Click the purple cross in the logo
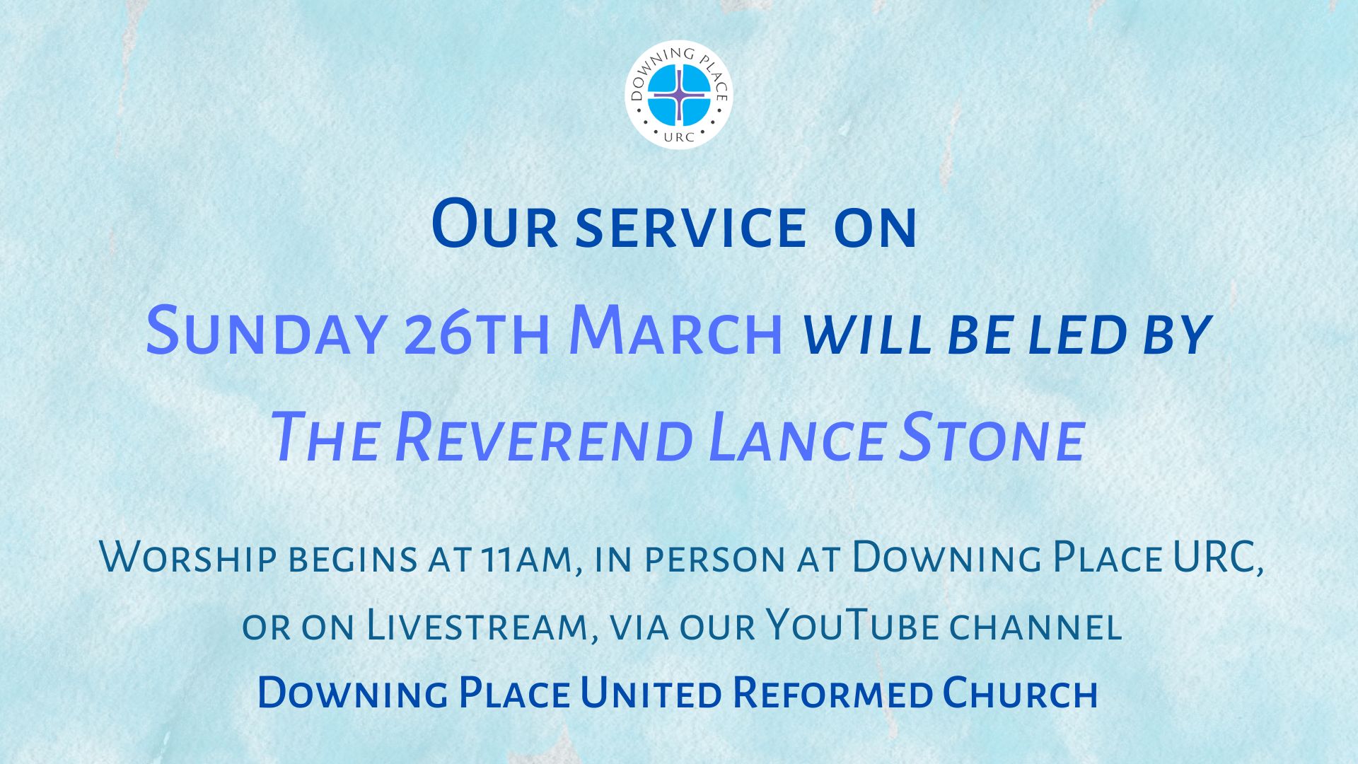coord(679,94)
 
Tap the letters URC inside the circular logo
coord(679,137)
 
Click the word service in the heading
coord(691,228)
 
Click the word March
coord(676,331)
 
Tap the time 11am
coord(524,559)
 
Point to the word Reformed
coord(832,693)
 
